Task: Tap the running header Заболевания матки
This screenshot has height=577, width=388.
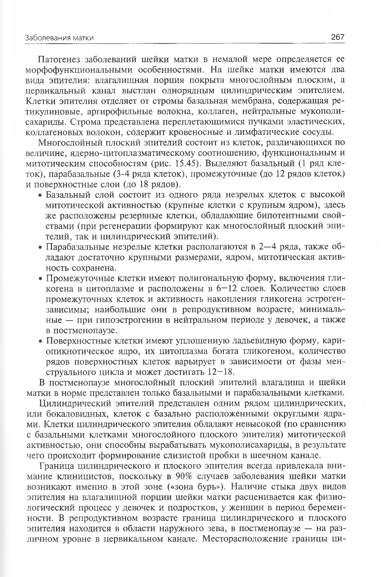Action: (60, 38)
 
